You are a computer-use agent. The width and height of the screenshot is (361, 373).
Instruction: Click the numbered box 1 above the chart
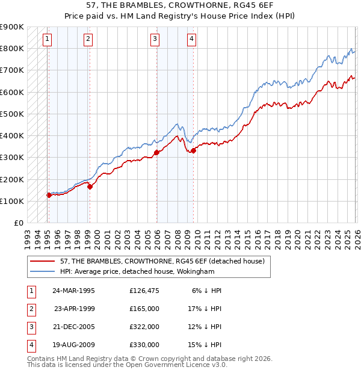47,40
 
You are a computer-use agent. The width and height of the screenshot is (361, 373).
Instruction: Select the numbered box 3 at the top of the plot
155,40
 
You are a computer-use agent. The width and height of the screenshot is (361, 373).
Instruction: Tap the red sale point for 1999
90,186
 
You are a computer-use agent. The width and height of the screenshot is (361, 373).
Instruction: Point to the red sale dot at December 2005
156,152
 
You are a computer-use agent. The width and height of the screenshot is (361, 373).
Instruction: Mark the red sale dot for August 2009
193,150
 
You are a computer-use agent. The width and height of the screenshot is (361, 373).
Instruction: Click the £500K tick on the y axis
12,114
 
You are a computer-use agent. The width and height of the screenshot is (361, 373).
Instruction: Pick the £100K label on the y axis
12,201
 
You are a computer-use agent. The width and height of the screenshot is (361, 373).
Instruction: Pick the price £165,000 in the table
144,309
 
